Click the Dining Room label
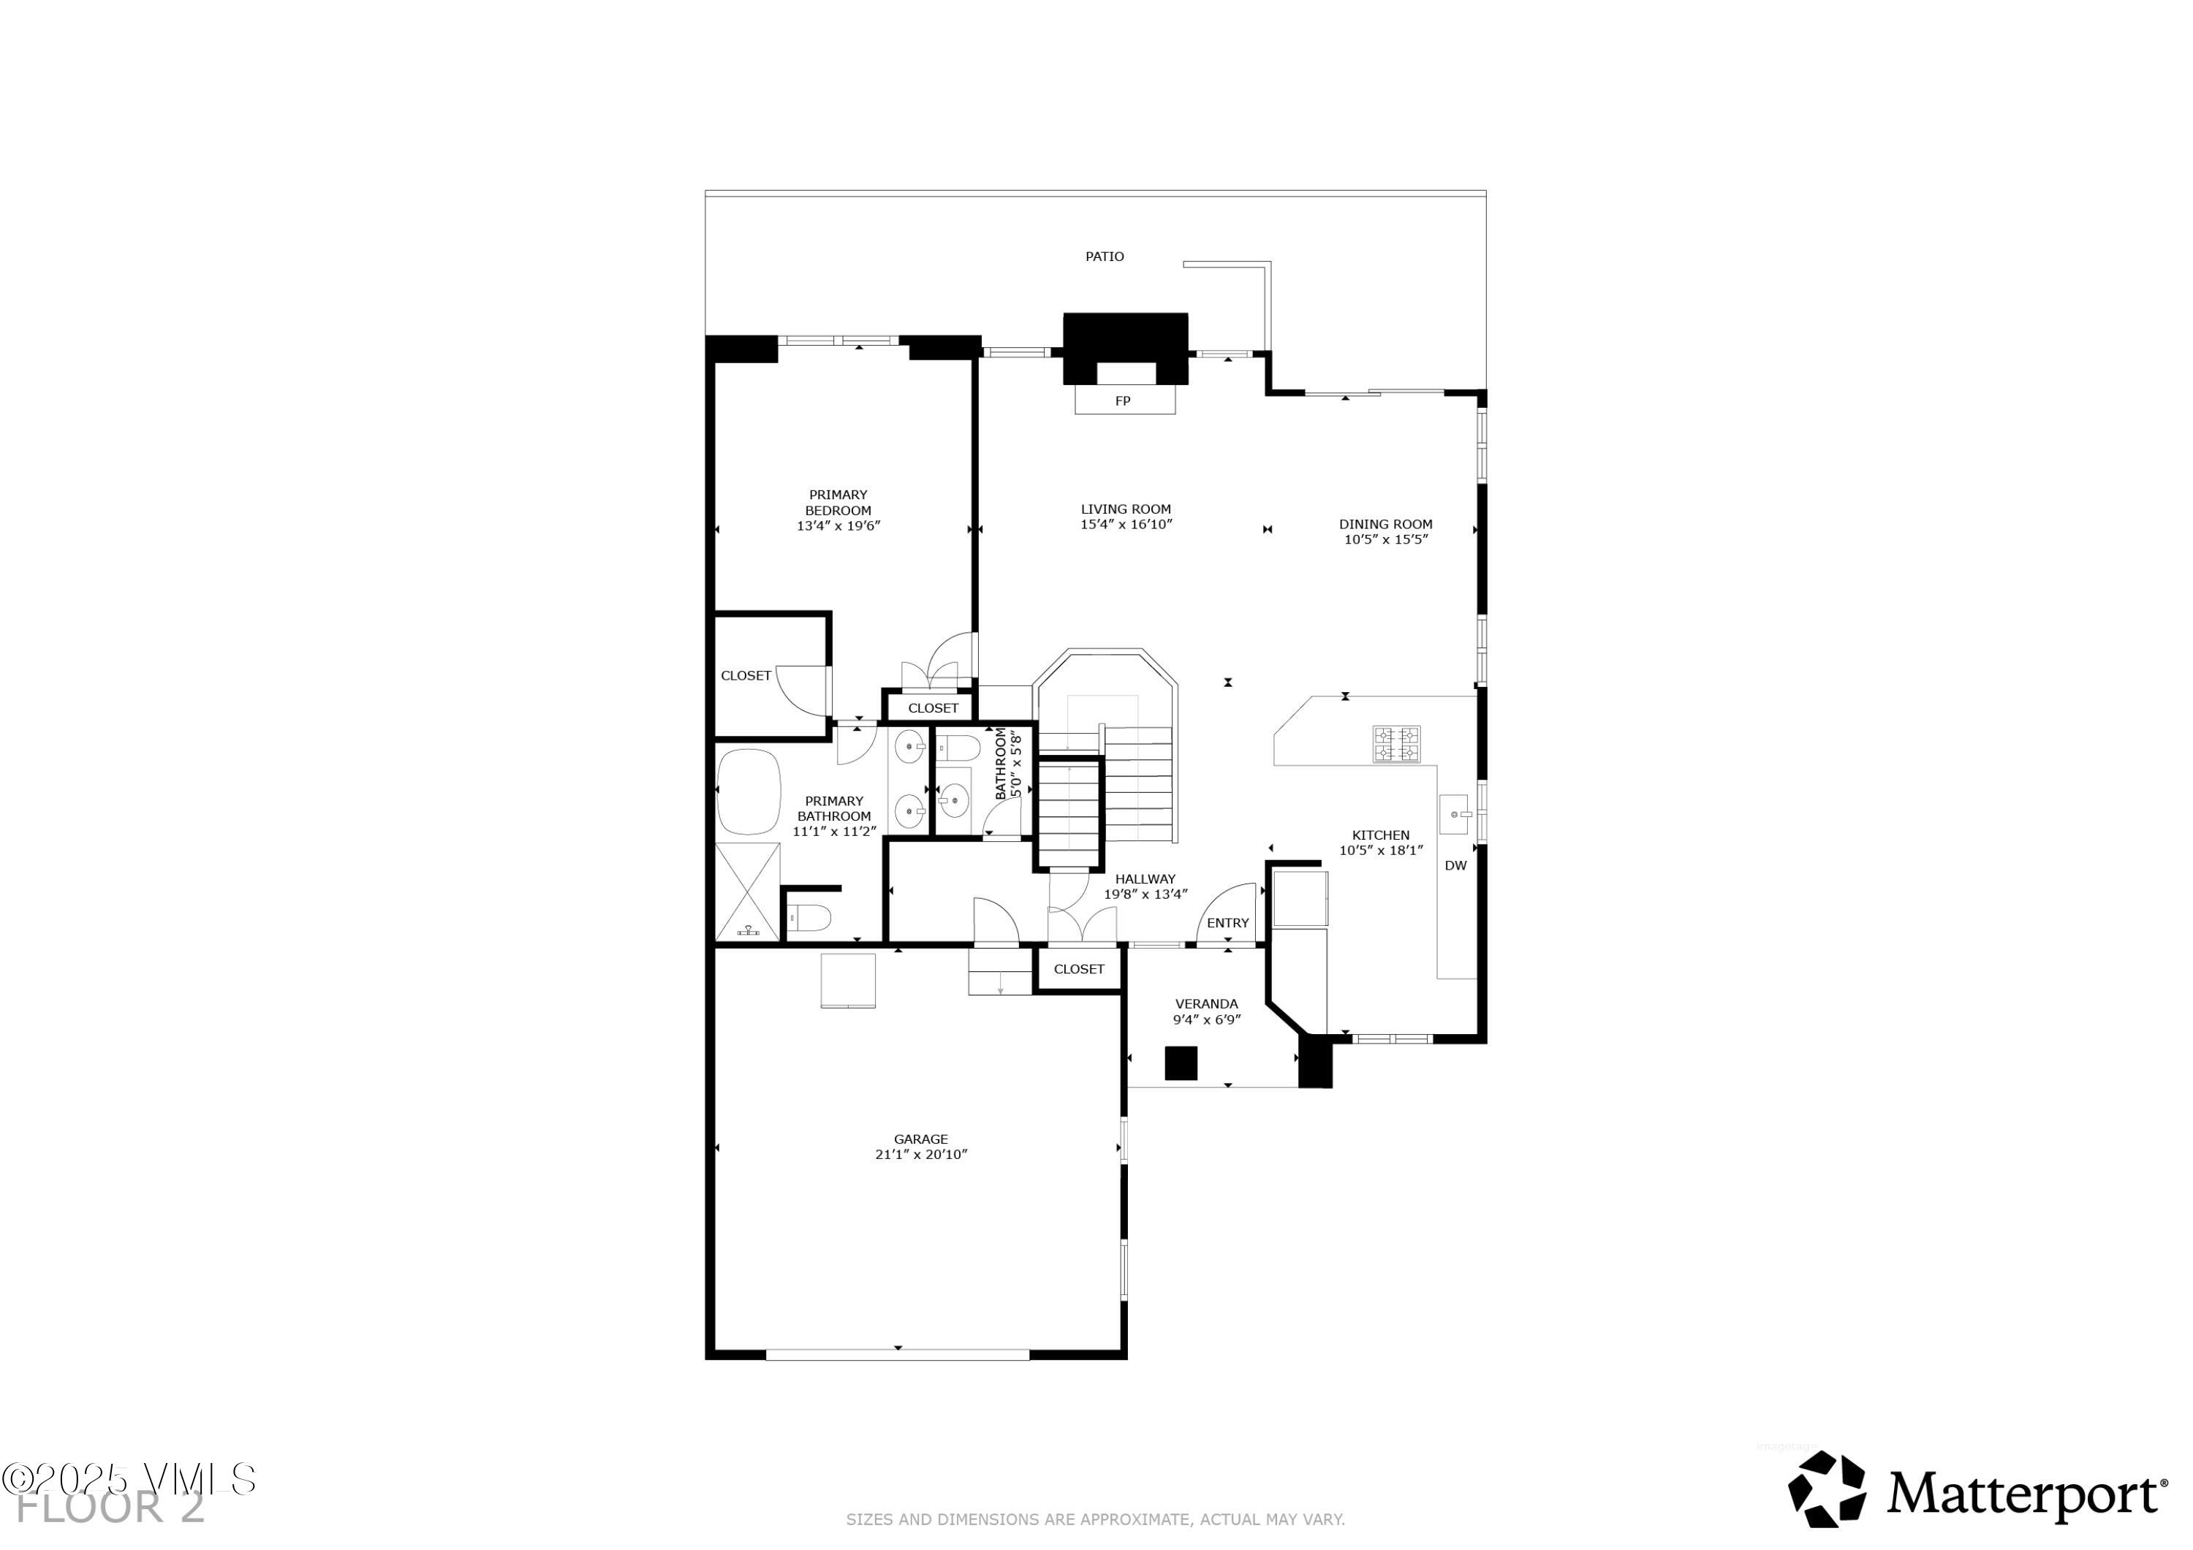pos(1385,523)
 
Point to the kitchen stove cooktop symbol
pos(1396,744)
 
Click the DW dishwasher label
pos(1455,865)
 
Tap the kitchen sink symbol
pos(1455,813)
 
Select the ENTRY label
pos(1227,922)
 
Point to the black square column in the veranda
pos(1181,1063)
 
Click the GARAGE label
pos(921,1139)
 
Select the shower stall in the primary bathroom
pos(747,892)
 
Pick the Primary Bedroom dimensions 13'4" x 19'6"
pos(838,525)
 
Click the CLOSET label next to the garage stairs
pos(1078,968)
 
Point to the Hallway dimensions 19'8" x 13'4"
pos(1145,894)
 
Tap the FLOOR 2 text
pos(110,1510)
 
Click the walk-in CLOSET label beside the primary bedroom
pos(745,675)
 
